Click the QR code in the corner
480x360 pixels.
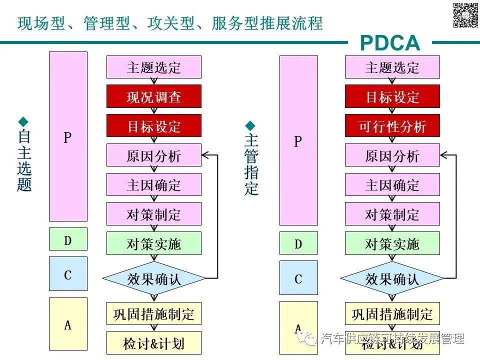(x=465, y=15)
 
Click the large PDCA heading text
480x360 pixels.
(x=390, y=43)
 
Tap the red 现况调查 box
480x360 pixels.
(x=154, y=96)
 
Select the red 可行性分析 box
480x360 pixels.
(x=392, y=126)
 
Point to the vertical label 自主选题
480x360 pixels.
(x=24, y=160)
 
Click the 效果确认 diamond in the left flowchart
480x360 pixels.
(x=154, y=278)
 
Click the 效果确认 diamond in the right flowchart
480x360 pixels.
(x=392, y=278)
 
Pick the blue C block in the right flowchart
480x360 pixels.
(x=298, y=277)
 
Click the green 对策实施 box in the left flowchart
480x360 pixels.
(x=154, y=243)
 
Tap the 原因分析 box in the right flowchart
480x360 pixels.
(x=392, y=155)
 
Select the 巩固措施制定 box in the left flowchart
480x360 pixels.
(x=154, y=313)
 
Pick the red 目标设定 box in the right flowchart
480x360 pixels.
(x=392, y=96)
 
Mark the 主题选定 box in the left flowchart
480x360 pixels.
(x=154, y=67)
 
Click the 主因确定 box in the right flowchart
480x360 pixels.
(x=392, y=185)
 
